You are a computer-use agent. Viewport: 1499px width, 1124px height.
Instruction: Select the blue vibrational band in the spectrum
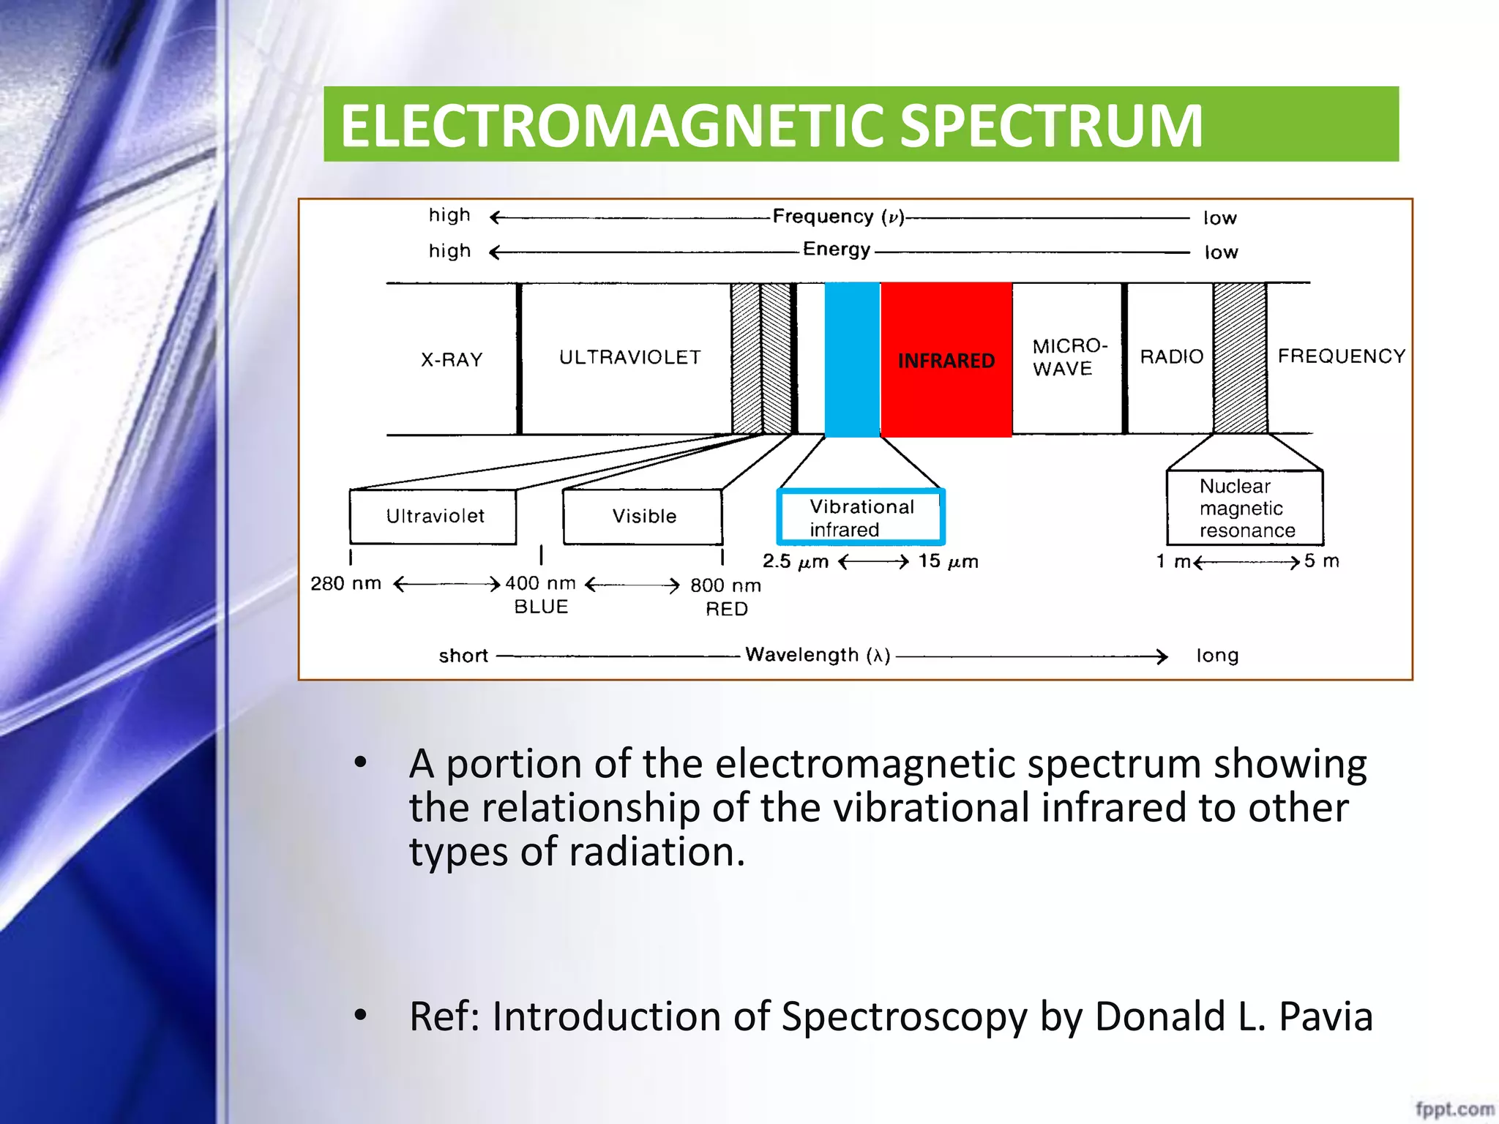pyautogui.click(x=852, y=359)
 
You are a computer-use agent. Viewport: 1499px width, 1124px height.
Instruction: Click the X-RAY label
pyautogui.click(x=452, y=359)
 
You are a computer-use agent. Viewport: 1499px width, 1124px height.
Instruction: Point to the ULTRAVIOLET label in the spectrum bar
pyautogui.click(x=629, y=357)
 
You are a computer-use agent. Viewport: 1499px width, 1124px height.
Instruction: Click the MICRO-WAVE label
pyautogui.click(x=1069, y=357)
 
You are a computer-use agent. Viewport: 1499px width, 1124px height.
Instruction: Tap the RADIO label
pyautogui.click(x=1171, y=356)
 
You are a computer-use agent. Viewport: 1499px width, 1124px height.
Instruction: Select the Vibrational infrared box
pyautogui.click(x=861, y=517)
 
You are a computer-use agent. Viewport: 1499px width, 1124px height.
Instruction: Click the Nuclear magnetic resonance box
pyautogui.click(x=1244, y=508)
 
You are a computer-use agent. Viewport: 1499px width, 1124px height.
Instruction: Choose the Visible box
pyautogui.click(x=643, y=517)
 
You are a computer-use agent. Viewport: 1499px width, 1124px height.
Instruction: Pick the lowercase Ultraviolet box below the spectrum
pyautogui.click(x=434, y=517)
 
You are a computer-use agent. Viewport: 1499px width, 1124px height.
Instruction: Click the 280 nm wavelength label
pyautogui.click(x=345, y=583)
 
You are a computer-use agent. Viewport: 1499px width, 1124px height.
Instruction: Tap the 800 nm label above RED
pyautogui.click(x=725, y=585)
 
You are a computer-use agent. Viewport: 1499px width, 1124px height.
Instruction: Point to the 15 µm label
pyautogui.click(x=948, y=561)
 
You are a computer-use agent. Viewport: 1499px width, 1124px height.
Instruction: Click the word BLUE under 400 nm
pyautogui.click(x=541, y=607)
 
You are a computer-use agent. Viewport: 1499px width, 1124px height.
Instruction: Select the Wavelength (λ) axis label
pyautogui.click(x=818, y=655)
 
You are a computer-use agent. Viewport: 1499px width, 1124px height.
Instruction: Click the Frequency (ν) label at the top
pyautogui.click(x=838, y=217)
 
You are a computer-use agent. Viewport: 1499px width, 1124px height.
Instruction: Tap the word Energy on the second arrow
pyautogui.click(x=837, y=250)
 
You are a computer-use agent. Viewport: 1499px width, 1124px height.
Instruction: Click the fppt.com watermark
pyautogui.click(x=1454, y=1108)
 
